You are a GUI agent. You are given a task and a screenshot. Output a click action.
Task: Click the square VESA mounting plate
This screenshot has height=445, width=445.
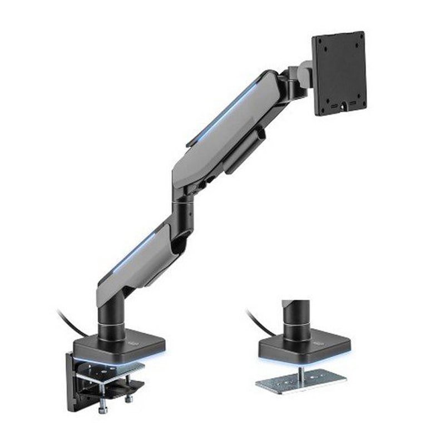tap(338, 72)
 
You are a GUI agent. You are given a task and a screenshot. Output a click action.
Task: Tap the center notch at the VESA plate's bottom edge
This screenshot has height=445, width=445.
tap(343, 104)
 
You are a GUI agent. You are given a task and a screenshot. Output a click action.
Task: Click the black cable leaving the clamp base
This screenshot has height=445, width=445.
tap(70, 323)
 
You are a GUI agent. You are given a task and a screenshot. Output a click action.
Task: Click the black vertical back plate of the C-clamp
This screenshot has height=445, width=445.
tap(74, 378)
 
